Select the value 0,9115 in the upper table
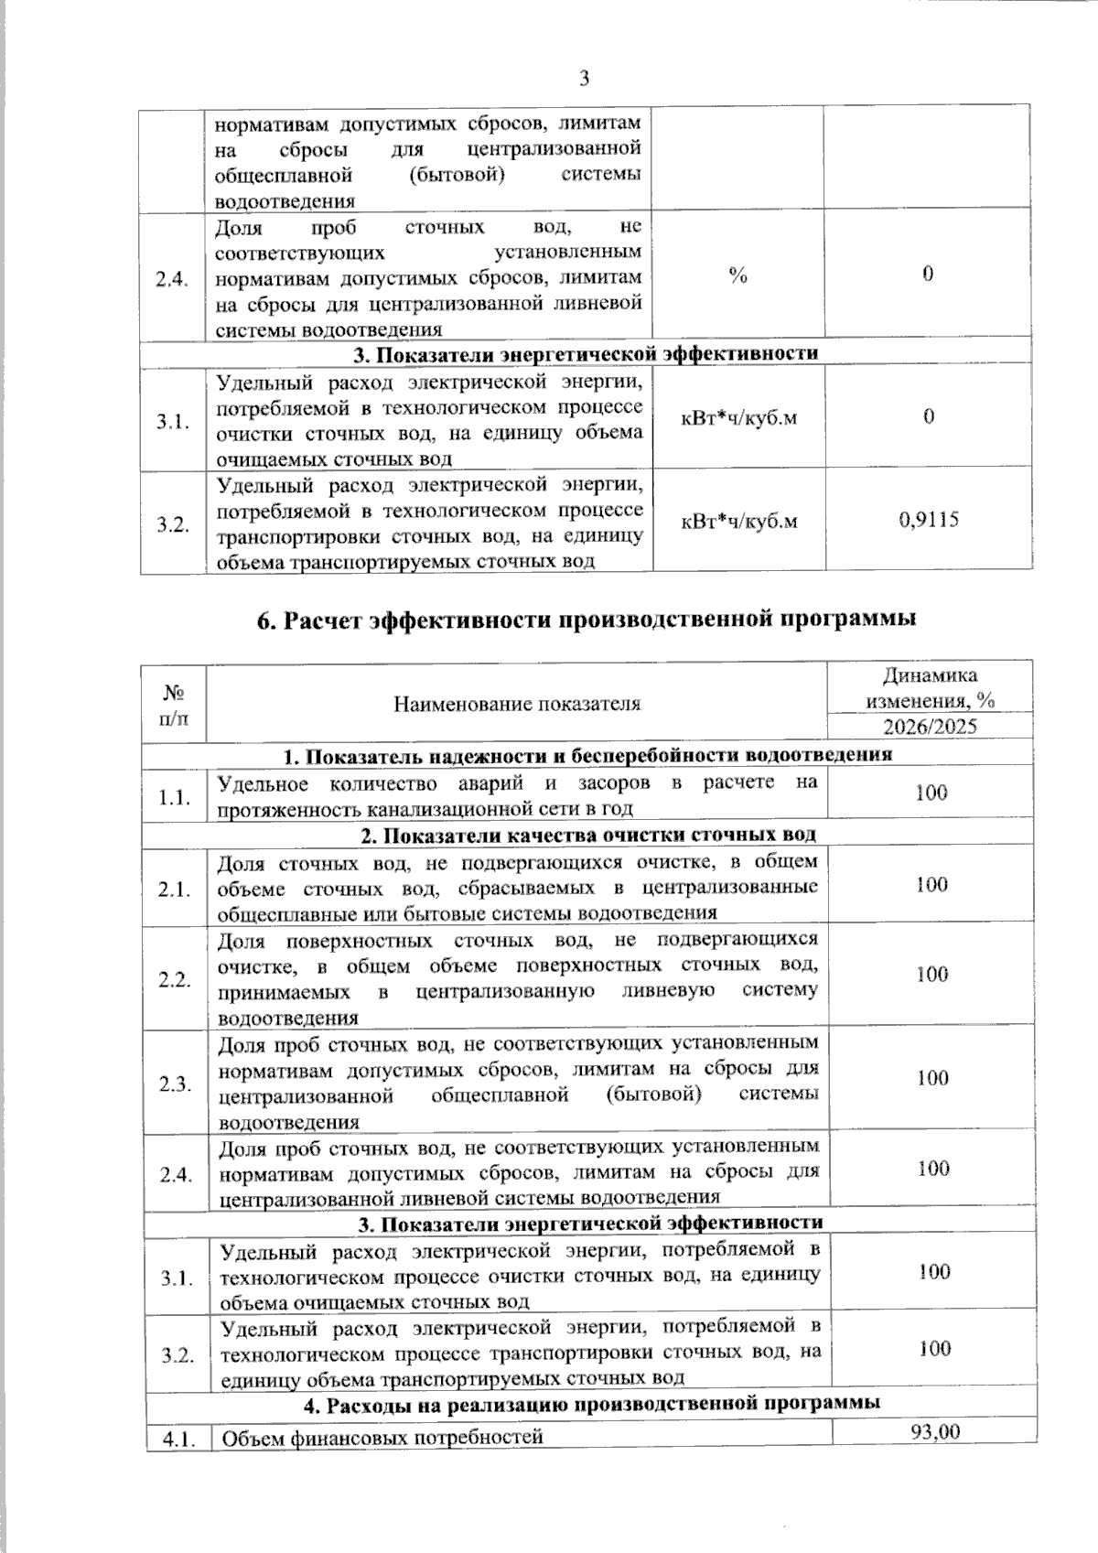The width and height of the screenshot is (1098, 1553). pos(928,520)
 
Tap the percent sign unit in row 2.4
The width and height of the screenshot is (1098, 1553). pos(737,275)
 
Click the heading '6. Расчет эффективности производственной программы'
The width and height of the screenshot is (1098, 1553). pos(586,620)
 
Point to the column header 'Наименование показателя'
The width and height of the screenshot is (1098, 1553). pos(517,703)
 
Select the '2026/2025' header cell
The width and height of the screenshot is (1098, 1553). pos(930,727)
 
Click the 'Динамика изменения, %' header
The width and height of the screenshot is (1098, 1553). pos(930,687)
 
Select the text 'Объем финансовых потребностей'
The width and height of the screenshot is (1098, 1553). pos(383,1438)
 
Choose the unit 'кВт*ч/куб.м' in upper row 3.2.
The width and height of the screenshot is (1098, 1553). pos(737,521)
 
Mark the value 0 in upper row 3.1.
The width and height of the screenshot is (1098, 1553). pos(928,417)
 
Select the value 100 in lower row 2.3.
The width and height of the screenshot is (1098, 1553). pos(932,1077)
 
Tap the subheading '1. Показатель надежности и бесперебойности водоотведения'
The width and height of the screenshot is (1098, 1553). pos(587,756)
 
